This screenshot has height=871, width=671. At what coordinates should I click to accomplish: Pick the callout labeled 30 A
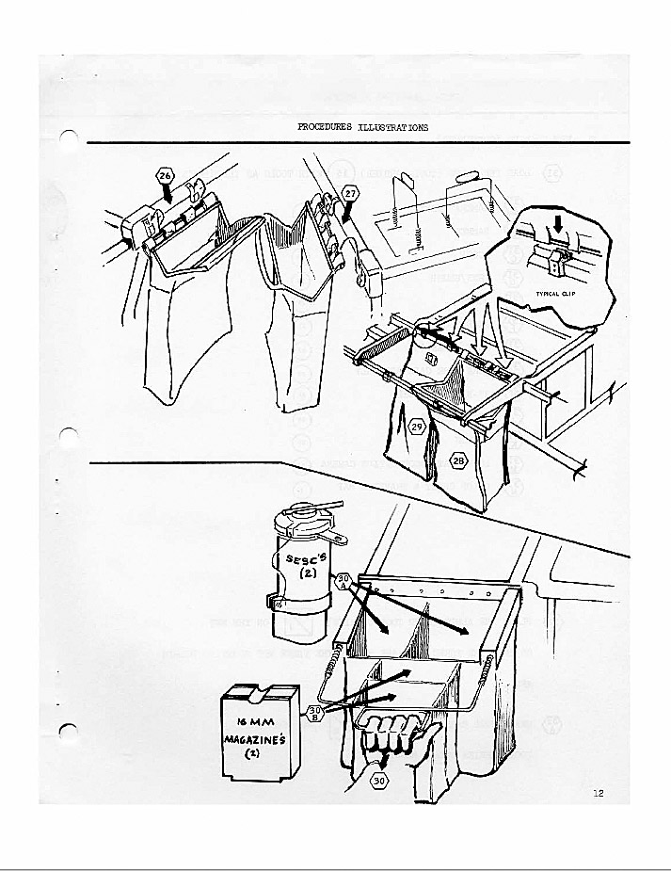tap(344, 580)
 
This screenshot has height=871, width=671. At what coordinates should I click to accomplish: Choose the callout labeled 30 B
tap(316, 712)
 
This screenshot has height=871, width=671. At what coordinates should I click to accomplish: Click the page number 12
tap(599, 793)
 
